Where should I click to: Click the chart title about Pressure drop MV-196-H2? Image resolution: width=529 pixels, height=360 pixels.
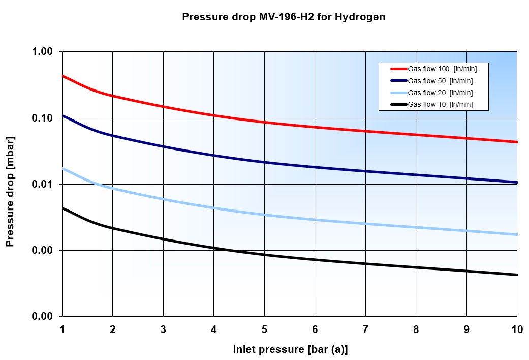pyautogui.click(x=284, y=17)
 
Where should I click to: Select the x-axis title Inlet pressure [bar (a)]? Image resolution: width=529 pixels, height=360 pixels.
pyautogui.click(x=290, y=349)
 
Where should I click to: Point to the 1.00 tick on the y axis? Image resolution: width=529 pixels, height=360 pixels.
pyautogui.click(x=43, y=52)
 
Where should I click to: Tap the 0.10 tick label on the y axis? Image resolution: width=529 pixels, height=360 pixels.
pyautogui.click(x=43, y=118)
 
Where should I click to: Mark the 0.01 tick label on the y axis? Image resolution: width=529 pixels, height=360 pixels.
pyautogui.click(x=43, y=184)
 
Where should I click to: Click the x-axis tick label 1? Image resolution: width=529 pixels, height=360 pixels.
pyautogui.click(x=62, y=329)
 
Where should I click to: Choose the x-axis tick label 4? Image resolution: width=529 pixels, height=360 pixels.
pyautogui.click(x=214, y=329)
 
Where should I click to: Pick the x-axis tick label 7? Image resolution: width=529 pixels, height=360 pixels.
pyautogui.click(x=365, y=329)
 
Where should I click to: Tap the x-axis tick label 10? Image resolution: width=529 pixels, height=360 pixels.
pyautogui.click(x=517, y=329)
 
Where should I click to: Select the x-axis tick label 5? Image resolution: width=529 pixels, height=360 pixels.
pyautogui.click(x=264, y=329)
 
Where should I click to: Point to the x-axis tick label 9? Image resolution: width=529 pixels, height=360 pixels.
pyautogui.click(x=466, y=329)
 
